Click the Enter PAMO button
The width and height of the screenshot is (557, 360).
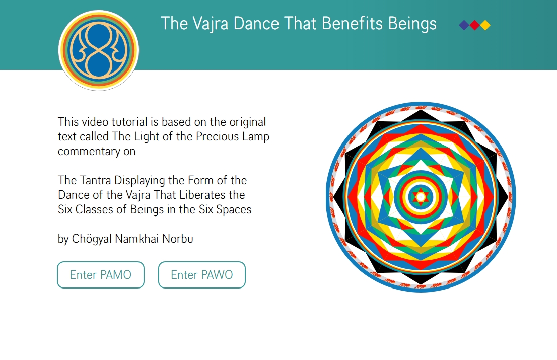point(101,275)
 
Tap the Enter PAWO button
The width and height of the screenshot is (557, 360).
point(202,275)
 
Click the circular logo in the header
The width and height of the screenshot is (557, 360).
point(99,50)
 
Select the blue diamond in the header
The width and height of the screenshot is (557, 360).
point(464,25)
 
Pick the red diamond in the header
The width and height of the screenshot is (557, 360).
point(474,25)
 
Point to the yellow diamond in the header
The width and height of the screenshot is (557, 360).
point(485,25)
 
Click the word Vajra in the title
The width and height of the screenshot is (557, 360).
point(211,24)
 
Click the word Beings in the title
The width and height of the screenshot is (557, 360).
point(412,24)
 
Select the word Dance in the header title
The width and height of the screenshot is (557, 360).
point(256,24)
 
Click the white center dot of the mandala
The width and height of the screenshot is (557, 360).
point(421,197)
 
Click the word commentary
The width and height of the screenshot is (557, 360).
point(89,152)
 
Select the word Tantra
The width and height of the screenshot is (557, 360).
point(95,180)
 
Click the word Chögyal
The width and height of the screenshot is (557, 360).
point(92,239)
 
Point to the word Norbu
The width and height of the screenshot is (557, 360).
point(178,239)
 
